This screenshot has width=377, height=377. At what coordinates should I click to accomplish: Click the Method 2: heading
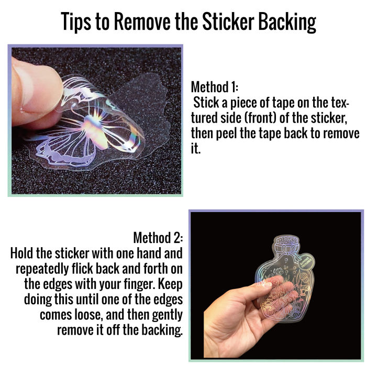158,238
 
